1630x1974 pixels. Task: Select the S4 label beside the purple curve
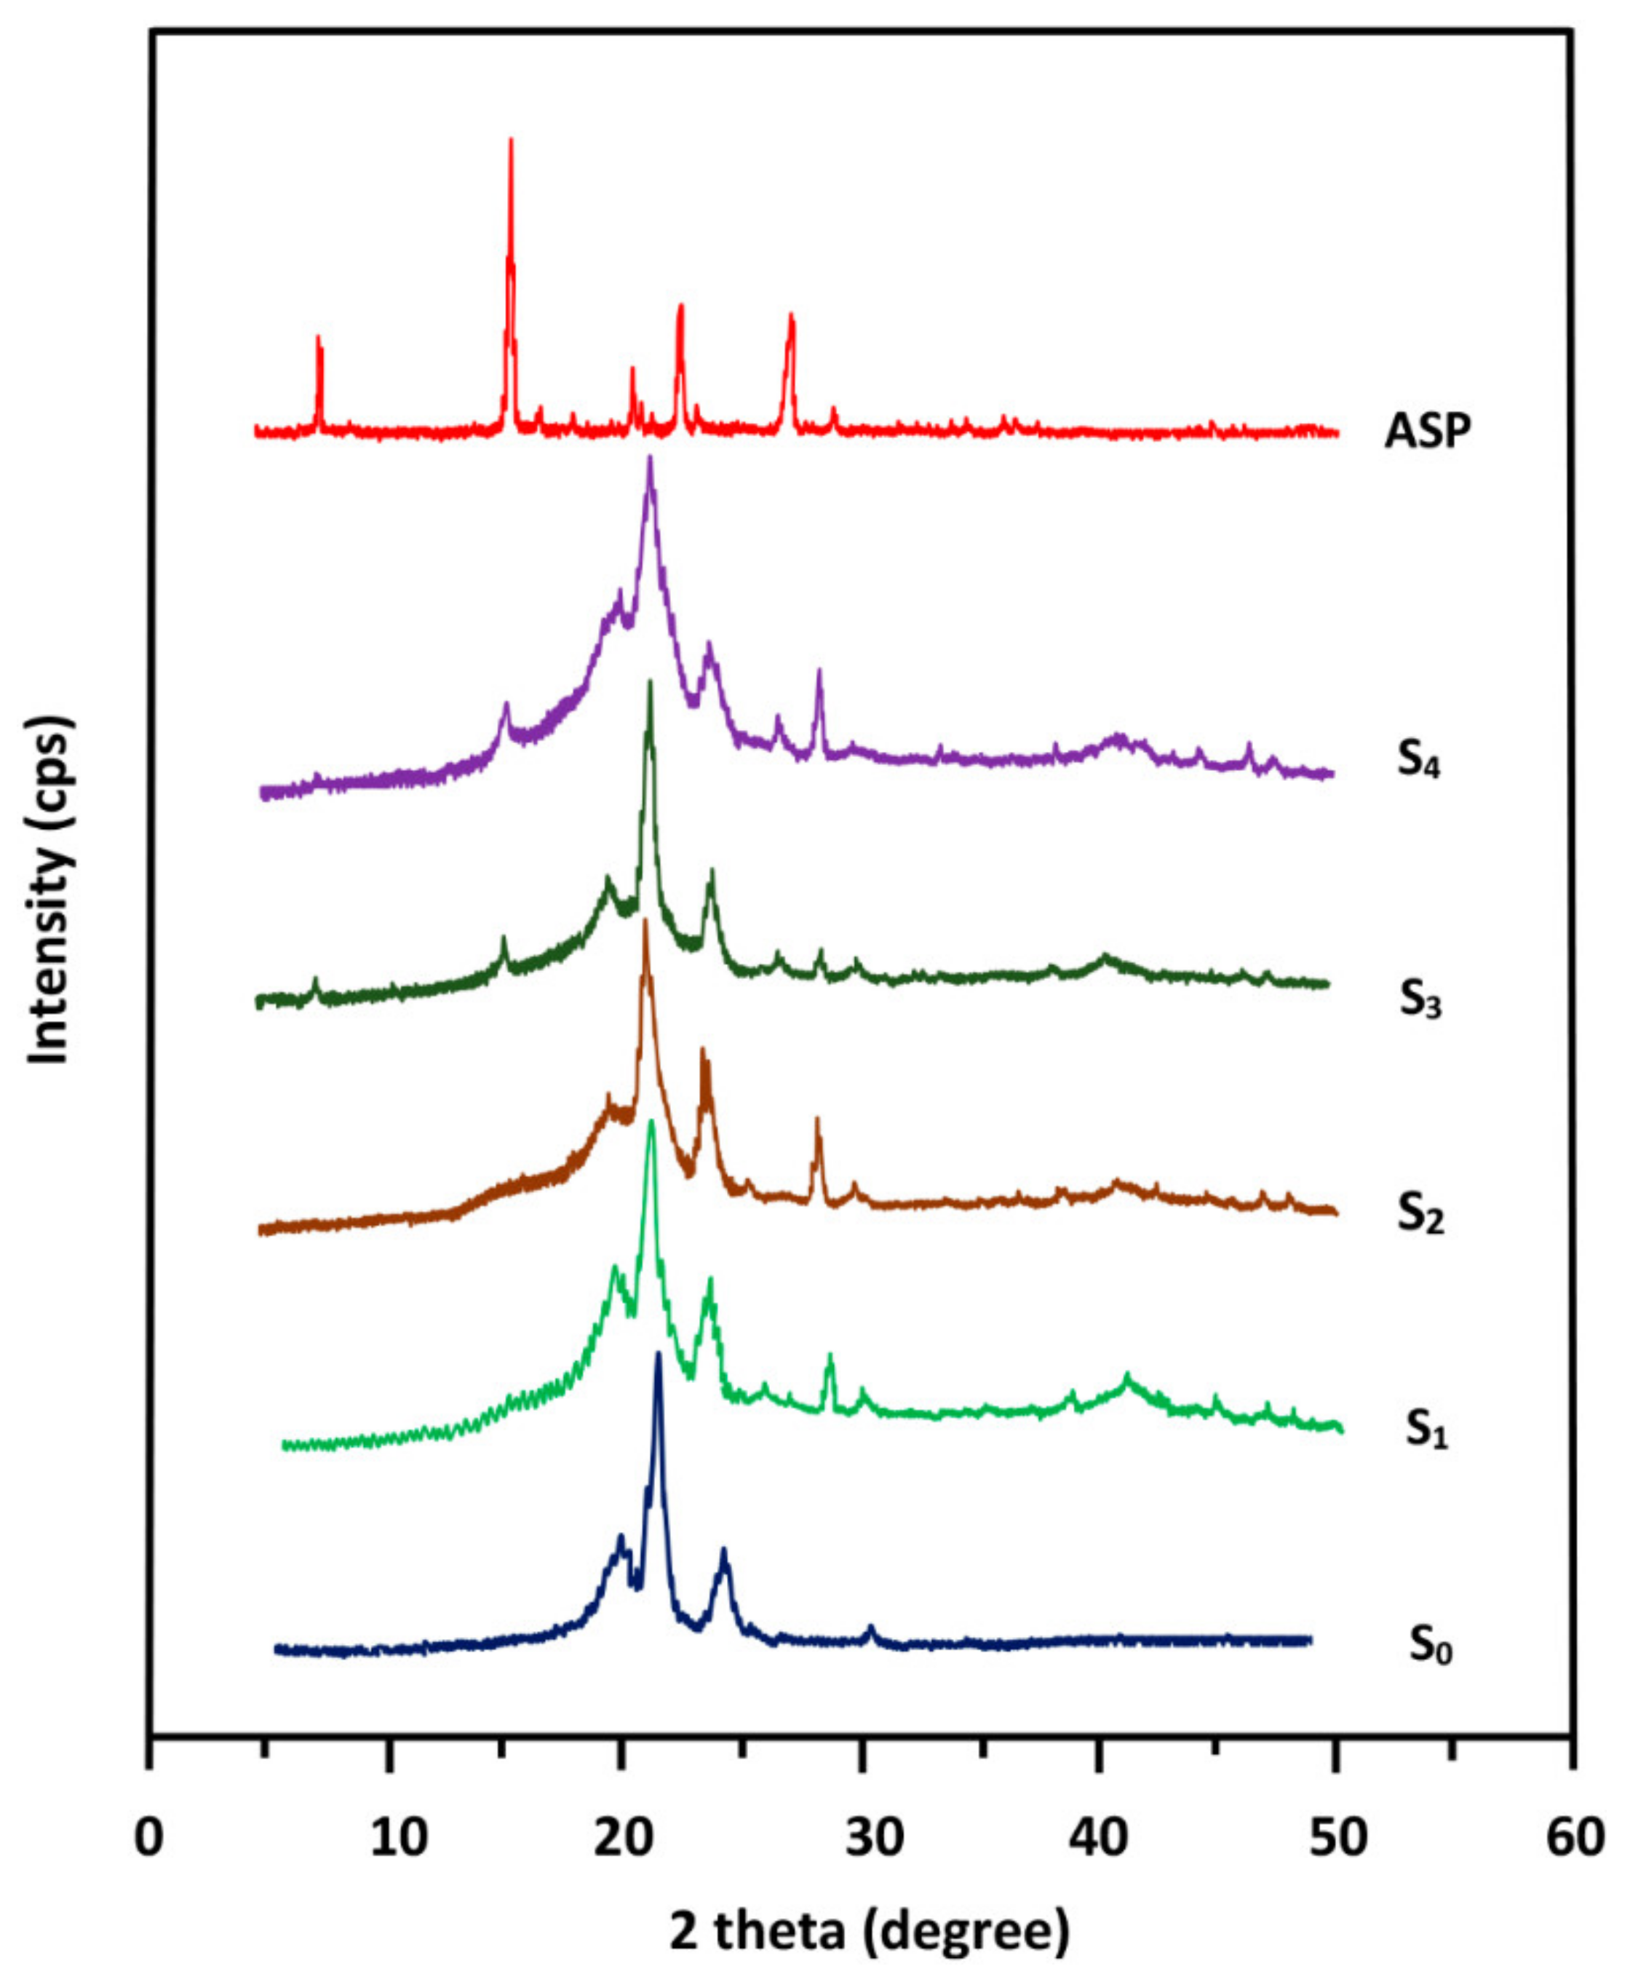pyautogui.click(x=1418, y=761)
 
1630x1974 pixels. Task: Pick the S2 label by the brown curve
pyautogui.click(x=1420, y=1214)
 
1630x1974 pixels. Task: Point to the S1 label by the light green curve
pyautogui.click(x=1426, y=1428)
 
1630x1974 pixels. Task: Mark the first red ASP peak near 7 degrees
pyautogui.click(x=318, y=338)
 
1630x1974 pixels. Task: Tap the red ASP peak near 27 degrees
pyautogui.click(x=790, y=317)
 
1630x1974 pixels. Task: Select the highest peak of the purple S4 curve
pyautogui.click(x=650, y=460)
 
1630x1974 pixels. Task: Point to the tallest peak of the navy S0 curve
pyautogui.click(x=659, y=1355)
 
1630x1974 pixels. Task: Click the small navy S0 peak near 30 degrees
pyautogui.click(x=870, y=1627)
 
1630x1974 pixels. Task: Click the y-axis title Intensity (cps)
pyautogui.click(x=49, y=890)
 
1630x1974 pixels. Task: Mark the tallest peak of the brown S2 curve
pyautogui.click(x=645, y=922)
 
